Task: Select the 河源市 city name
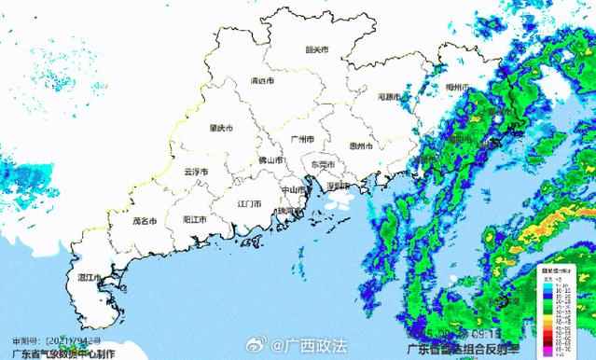point(389,97)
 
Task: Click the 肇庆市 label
point(221,128)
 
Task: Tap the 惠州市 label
point(360,146)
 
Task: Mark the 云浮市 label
point(196,172)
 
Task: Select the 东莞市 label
point(322,165)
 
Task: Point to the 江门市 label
point(249,202)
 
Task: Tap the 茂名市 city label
point(147,222)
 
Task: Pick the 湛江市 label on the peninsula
point(90,278)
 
